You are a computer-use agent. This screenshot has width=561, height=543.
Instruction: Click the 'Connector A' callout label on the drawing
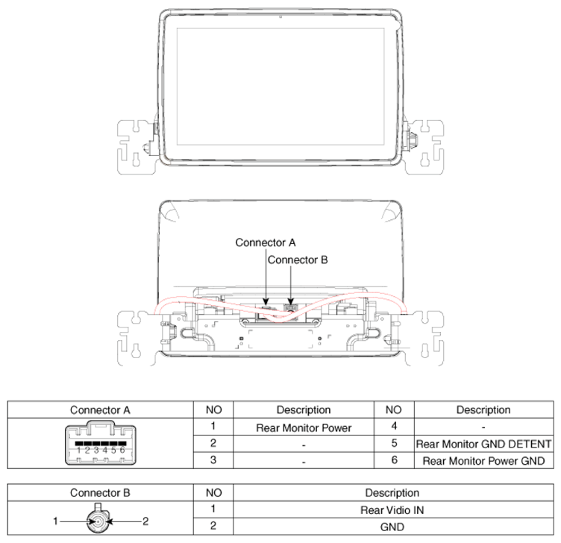click(x=266, y=242)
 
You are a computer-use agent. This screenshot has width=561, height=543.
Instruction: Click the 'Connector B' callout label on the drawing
click(x=298, y=260)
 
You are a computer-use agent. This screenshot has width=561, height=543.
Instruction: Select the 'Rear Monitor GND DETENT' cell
click(x=483, y=444)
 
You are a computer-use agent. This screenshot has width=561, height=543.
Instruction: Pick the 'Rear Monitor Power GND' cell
click(x=483, y=461)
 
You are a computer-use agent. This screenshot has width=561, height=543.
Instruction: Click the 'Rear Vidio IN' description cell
click(x=392, y=510)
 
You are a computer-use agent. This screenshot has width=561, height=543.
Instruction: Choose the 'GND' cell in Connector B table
click(x=392, y=527)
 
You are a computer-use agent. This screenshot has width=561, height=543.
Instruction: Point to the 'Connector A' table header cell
click(x=100, y=410)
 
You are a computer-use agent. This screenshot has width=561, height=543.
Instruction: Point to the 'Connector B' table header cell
click(x=100, y=493)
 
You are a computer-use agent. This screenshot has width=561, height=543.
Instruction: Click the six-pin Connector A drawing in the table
click(x=100, y=443)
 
